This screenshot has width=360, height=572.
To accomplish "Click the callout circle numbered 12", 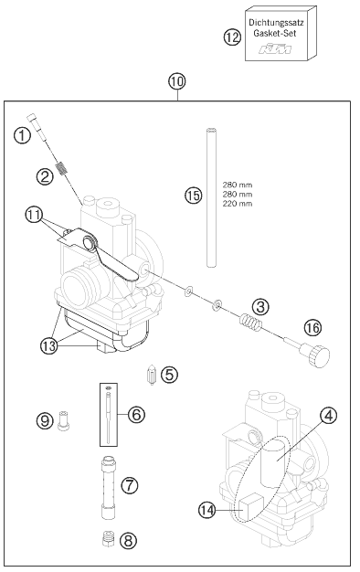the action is pyautogui.click(x=232, y=37).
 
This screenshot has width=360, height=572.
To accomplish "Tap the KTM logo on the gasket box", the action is pyautogui.click(x=275, y=48).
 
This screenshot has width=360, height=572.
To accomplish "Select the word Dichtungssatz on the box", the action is pyautogui.click(x=276, y=22).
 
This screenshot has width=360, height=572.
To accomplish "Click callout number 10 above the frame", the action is pyautogui.click(x=177, y=81).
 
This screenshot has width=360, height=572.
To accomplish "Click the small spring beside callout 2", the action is pyautogui.click(x=62, y=169).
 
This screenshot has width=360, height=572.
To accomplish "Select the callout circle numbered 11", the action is pyautogui.click(x=34, y=216).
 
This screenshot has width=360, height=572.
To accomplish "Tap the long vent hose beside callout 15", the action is pyautogui.click(x=212, y=197).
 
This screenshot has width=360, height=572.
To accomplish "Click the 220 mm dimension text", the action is pyautogui.click(x=237, y=204).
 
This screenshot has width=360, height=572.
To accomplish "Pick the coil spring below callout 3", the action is pyautogui.click(x=250, y=322).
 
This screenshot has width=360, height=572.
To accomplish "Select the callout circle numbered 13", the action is pyautogui.click(x=48, y=345).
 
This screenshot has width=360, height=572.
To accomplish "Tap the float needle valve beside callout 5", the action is pyautogui.click(x=151, y=376).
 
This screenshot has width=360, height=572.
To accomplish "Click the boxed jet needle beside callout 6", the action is pyautogui.click(x=109, y=415).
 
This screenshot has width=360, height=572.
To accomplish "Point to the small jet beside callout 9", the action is pyautogui.click(x=64, y=420).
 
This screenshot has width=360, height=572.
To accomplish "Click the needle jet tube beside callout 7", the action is pyautogui.click(x=109, y=487).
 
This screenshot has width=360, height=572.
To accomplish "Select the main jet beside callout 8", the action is pyautogui.click(x=108, y=539).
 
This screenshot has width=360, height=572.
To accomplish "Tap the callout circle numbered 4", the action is pyautogui.click(x=328, y=416).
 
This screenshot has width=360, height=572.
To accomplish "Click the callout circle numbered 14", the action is pyautogui.click(x=207, y=510).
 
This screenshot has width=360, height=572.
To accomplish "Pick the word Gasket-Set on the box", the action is pyautogui.click(x=275, y=33).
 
